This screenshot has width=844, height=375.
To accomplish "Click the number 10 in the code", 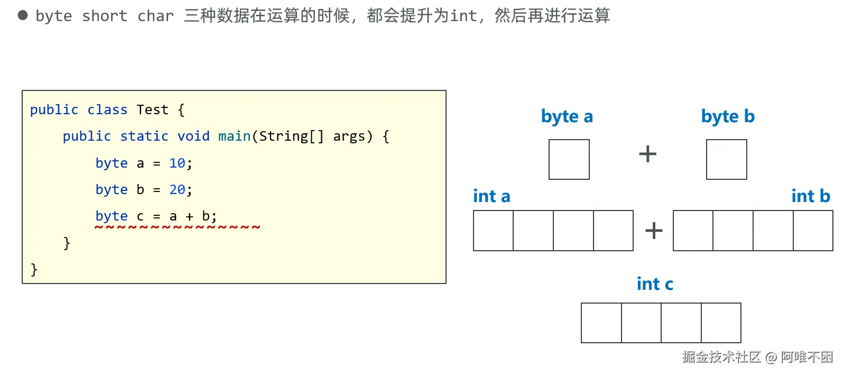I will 177,163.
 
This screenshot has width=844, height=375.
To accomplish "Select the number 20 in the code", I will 177,189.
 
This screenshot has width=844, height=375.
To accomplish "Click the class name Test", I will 152,109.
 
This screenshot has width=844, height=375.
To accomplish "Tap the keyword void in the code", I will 193,136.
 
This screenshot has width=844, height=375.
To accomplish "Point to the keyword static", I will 144,136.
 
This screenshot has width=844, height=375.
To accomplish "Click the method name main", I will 234,136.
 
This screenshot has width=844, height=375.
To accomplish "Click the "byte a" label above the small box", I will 567,116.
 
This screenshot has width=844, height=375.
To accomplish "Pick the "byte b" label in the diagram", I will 728,116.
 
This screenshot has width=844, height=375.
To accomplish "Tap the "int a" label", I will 491,196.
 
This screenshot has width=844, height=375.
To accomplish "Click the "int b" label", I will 811,196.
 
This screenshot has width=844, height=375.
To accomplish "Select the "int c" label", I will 655,284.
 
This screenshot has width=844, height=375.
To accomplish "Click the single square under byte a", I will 569,159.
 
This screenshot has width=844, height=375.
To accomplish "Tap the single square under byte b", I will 727,159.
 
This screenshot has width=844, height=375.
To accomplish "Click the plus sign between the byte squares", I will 647,154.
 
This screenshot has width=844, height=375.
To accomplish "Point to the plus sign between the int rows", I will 654,230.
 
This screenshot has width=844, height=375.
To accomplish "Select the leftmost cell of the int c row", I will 601,323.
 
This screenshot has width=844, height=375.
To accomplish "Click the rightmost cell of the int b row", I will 813,230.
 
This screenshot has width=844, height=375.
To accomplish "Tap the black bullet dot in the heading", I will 23,15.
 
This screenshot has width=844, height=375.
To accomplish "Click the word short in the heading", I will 105,16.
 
